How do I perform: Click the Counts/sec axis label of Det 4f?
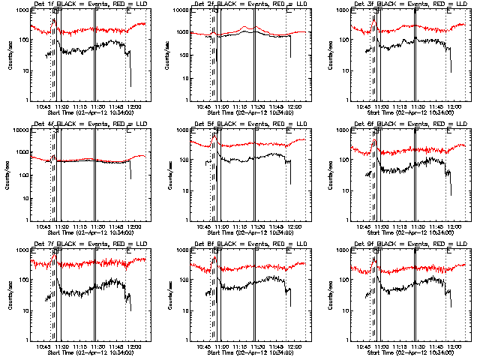click(10, 174)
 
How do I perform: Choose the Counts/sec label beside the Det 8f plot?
click(170, 294)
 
